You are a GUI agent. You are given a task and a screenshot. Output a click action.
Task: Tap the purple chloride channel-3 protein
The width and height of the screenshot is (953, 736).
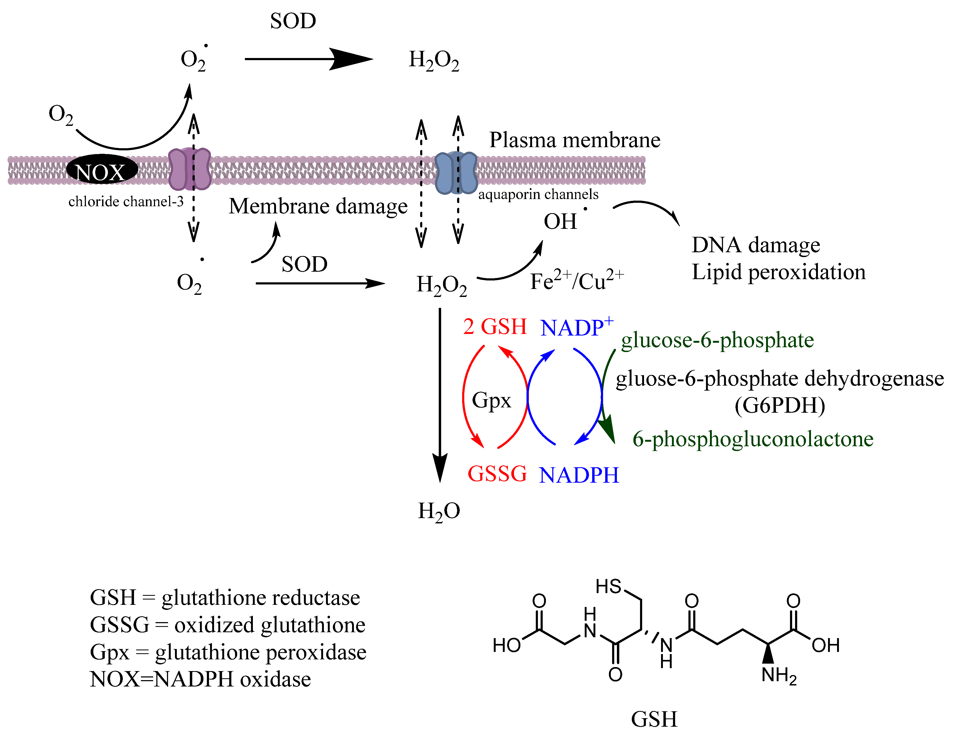pos(189,169)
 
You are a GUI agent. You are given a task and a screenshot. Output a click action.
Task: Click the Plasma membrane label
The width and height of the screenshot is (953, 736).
pos(574,140)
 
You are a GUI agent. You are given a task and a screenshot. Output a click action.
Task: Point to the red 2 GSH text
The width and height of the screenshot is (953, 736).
pos(495,326)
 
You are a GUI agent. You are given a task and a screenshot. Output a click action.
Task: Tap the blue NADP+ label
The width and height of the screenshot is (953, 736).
pos(576,327)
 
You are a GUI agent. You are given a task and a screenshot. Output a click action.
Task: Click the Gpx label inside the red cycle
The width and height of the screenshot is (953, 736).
pos(491,400)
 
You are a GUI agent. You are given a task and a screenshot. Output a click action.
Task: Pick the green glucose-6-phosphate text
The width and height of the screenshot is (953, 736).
pos(717,340)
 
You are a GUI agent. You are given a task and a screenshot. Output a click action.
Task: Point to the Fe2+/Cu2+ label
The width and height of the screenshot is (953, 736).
pos(576,281)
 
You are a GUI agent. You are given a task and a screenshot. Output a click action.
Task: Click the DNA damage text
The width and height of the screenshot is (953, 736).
pos(755,245)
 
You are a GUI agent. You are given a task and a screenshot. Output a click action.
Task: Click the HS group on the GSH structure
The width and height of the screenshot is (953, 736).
pos(608,586)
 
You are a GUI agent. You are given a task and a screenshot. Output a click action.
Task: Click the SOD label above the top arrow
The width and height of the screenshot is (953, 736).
pos(293,21)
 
